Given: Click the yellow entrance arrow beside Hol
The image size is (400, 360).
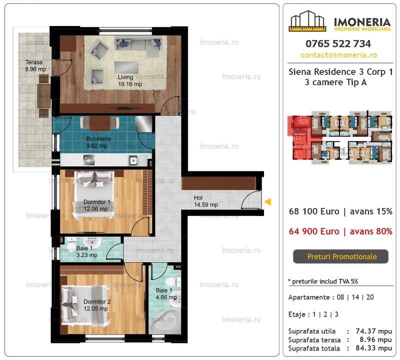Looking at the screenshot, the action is pos(268,202).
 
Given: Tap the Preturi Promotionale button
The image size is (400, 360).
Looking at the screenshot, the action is pos(340,256).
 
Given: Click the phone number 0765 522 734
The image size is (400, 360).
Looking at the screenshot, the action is pos(338,43).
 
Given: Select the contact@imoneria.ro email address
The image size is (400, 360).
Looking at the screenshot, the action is pos(339,55).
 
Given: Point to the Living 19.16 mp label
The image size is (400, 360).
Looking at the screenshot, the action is pos(130,80).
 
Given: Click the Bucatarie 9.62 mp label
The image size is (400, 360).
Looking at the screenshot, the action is pos(98,142).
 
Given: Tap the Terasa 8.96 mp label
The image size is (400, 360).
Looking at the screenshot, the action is pos(35,65).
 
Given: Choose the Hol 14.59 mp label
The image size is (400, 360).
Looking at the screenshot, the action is pos(206,201).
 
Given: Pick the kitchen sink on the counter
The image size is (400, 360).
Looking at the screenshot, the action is pos(133,160).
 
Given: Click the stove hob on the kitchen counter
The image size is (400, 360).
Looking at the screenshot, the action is pos(89,160).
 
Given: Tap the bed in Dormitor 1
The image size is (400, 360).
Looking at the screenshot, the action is pos(93,195).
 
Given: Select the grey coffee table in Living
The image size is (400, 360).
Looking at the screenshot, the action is pos(126,67).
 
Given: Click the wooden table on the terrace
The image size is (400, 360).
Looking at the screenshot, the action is pos(43,95).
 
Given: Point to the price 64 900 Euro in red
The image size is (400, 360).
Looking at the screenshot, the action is pos(314,231).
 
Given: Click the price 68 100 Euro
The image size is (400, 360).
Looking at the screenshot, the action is pos(314,211).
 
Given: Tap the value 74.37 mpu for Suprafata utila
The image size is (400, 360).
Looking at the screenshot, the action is pos(373,331).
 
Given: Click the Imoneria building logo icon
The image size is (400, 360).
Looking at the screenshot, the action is pos(307,21).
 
